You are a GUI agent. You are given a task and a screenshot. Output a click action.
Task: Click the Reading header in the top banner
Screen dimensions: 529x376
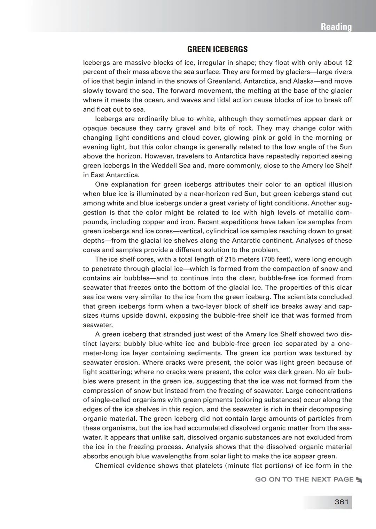[x=336, y=27]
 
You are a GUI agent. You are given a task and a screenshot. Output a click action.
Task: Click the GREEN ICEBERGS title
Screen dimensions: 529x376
[x=217, y=49]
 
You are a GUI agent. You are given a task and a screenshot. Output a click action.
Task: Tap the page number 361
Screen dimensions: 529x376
[x=341, y=502]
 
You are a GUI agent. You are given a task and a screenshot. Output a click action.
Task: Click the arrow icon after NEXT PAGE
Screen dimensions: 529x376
[x=359, y=480]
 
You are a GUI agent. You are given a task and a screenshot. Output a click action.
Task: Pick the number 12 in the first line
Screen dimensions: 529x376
[x=348, y=63]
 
